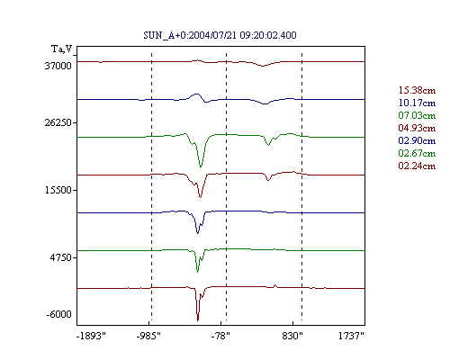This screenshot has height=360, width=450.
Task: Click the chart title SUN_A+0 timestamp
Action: (220, 35)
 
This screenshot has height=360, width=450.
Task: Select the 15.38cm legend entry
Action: (417, 90)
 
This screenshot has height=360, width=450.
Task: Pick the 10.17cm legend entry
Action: (417, 103)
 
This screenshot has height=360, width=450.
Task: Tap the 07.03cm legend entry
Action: (417, 115)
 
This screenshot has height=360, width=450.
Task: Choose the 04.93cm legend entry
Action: (417, 128)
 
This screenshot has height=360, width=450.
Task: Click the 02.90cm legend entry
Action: (417, 140)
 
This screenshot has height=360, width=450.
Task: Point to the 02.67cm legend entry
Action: (417, 153)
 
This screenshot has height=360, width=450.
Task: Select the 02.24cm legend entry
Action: (417, 166)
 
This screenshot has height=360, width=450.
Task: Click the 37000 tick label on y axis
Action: (58, 66)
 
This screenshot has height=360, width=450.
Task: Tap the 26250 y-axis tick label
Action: (58, 122)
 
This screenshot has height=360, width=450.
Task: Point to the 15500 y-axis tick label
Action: (58, 190)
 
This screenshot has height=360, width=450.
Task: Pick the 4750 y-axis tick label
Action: (61, 257)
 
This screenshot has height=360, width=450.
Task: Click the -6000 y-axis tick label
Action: (59, 314)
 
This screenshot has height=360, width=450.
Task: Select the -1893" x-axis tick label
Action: (92, 336)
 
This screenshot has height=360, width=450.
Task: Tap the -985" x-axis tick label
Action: (148, 336)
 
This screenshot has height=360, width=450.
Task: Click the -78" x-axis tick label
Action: (220, 336)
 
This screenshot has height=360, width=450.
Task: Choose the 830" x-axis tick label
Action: (292, 336)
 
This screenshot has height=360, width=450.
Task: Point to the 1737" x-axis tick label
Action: (351, 336)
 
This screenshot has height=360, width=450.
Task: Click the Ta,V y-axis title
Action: (62, 49)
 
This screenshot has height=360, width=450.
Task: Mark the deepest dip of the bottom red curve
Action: (198, 320)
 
